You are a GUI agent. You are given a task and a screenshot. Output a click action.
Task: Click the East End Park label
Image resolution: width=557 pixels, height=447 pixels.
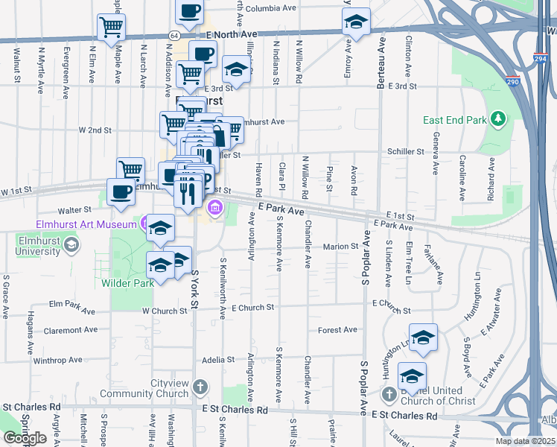coord(454,119)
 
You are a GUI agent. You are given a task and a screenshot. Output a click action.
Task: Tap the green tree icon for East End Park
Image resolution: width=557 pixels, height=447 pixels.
coord(497,118)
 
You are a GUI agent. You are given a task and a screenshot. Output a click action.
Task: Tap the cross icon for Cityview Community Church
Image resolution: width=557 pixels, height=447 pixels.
coord(199,387)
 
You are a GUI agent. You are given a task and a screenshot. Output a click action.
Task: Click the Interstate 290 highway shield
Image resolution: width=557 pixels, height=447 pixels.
coord(512,82)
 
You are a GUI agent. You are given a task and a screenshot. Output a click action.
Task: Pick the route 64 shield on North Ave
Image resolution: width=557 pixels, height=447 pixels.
coord(174,35)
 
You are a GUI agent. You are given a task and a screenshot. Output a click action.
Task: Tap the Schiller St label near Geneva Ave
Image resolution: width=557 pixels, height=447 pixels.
coord(405,151)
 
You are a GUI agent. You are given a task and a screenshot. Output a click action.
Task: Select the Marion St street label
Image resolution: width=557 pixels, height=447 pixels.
coord(341,247)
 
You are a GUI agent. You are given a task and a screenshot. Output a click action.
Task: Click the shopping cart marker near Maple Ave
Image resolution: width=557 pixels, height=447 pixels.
coord(111,27)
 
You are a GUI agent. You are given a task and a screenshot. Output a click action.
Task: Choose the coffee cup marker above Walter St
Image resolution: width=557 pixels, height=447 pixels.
coord(121,191)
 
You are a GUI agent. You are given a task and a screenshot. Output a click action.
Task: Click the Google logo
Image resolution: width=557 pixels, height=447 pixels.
coord(25,438)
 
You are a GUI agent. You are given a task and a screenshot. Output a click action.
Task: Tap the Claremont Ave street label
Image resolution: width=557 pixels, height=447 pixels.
coord(71,330)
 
